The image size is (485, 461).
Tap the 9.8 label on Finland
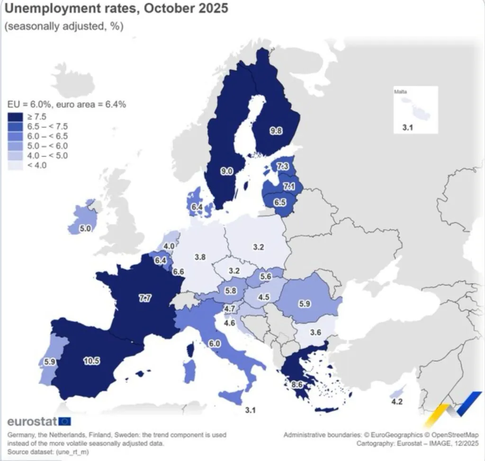click(x=276, y=132)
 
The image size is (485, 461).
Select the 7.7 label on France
click(x=145, y=298)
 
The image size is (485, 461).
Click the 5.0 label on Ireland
click(x=85, y=228)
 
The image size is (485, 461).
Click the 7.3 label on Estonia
click(x=283, y=166)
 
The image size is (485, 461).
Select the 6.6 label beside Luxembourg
click(x=179, y=272)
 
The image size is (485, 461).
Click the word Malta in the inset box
click(x=400, y=92)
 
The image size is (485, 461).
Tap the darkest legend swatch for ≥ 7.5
click(x=15, y=117)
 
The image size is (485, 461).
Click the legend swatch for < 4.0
click(x=15, y=165)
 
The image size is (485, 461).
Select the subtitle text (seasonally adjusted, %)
click(x=64, y=27)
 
